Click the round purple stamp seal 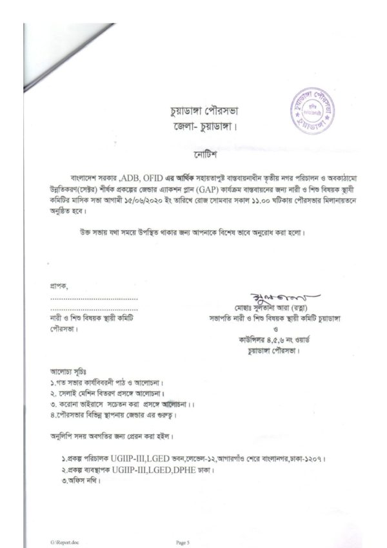pos(316,108)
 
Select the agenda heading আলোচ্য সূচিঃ pos(68,372)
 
